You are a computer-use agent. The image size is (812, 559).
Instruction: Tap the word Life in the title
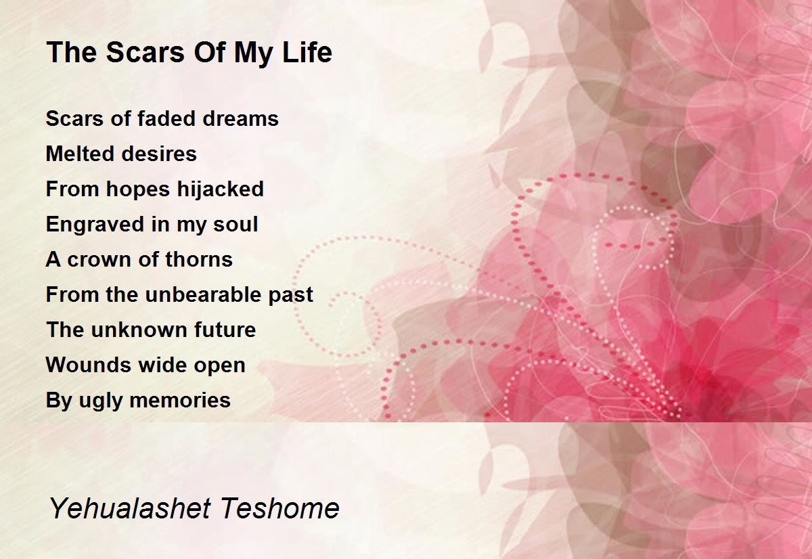click(307, 53)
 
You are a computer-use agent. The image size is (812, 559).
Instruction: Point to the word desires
click(159, 154)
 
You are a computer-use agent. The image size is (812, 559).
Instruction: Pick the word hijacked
click(220, 189)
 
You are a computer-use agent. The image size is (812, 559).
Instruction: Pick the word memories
click(180, 401)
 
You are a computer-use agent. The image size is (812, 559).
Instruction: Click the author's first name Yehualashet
click(131, 509)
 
